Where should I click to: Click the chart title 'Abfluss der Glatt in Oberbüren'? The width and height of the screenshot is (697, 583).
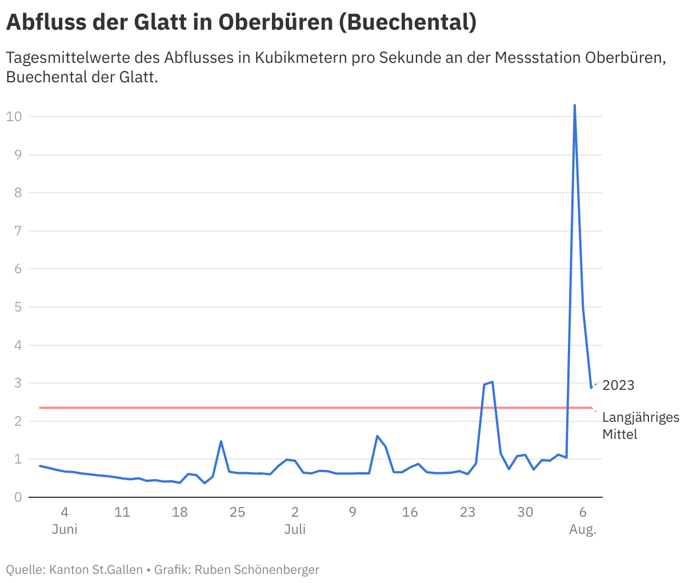tap(241, 22)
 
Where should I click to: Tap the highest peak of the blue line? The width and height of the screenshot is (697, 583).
tap(574, 106)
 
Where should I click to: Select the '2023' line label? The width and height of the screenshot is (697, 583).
tap(618, 385)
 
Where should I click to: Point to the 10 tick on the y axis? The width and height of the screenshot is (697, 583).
tap(14, 117)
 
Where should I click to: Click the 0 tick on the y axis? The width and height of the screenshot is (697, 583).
tap(18, 497)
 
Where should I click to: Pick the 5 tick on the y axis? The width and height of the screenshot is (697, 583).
tap(18, 307)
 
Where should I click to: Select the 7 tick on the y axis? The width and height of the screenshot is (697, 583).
tap(18, 231)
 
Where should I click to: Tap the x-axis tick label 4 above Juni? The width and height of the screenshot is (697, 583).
tap(65, 512)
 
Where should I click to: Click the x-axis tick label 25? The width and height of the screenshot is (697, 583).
tap(237, 512)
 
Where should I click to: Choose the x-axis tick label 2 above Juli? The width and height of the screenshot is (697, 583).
tap(295, 512)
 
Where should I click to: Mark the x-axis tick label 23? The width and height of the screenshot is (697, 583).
tap(467, 512)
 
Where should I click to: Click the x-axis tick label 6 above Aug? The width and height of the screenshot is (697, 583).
tap(583, 512)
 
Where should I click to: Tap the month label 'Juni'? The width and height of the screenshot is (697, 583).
tap(65, 529)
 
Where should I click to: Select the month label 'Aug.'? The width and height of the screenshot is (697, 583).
tap(583, 529)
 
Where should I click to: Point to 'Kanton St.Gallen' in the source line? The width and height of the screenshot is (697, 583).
tap(96, 569)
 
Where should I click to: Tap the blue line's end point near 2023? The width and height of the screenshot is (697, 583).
tap(591, 388)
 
